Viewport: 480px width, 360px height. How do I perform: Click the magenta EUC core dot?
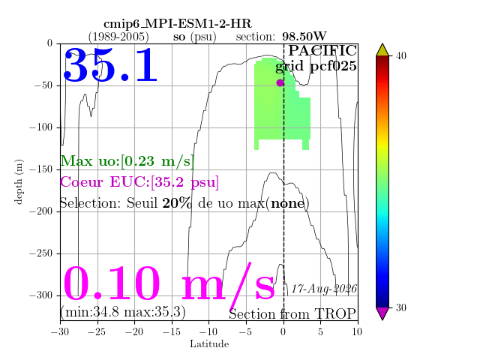pos(280,82)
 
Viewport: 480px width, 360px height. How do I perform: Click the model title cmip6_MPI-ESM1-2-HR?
pos(178,24)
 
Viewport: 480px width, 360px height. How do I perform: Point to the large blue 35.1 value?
pos(110,65)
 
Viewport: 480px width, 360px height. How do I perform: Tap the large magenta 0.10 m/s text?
pos(169,283)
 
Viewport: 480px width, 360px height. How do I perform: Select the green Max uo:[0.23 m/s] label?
pos(127,161)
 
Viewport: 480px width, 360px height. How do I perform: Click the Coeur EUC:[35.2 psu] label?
pos(139,182)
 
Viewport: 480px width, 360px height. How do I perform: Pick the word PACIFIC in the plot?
pos(322,50)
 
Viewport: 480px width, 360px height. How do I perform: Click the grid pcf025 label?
pos(316,67)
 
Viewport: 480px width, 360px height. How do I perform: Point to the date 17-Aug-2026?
pos(324,289)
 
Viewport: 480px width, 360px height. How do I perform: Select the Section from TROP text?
pos(292,313)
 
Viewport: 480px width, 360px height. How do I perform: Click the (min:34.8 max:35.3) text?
pos(123,312)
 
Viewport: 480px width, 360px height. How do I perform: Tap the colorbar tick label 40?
pos(401,56)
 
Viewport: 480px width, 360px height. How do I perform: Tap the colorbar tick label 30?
pos(401,307)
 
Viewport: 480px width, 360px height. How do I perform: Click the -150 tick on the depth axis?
pos(40,169)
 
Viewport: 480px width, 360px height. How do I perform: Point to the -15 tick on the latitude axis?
pos(172,331)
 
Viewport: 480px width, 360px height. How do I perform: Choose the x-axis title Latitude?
pos(209,344)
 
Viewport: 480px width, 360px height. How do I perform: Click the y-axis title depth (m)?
pos(18,181)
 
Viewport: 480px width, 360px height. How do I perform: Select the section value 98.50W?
pos(304,37)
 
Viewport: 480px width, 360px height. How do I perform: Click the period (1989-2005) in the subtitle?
pos(118,37)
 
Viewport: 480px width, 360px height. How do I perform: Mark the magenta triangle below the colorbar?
pos(382,313)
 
